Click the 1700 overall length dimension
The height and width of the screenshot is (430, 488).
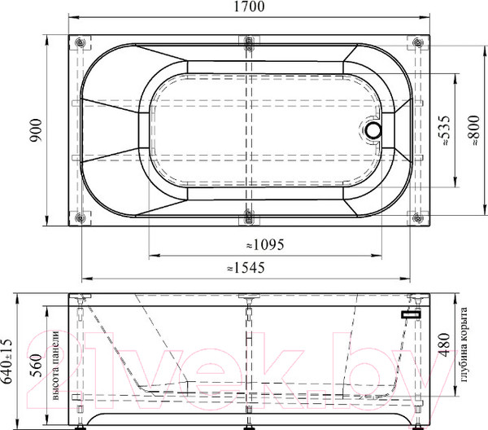[249, 7]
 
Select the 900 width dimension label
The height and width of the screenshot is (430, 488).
[36, 130]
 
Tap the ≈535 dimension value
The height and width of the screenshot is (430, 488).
[444, 130]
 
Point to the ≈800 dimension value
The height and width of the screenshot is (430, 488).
[475, 130]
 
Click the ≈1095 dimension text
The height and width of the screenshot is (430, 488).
[265, 244]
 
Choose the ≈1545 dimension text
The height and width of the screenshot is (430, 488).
[246, 268]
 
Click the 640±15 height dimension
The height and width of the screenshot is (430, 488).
[7, 361]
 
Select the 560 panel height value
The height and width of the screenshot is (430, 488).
[36, 365]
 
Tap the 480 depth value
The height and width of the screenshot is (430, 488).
[444, 345]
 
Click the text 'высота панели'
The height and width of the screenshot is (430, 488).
[55, 366]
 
